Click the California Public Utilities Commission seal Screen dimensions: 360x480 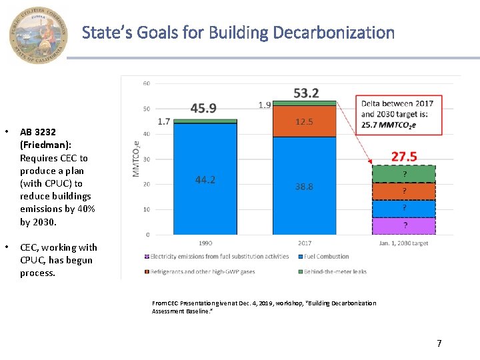[x=39, y=35]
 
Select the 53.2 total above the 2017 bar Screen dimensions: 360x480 [x=306, y=93]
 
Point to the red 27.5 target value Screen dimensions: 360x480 [x=403, y=157]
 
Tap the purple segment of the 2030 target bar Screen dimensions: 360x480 [x=403, y=226]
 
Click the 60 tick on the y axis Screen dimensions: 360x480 [x=146, y=83]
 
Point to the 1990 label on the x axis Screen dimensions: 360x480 [x=205, y=243]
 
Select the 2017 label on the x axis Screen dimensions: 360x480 [x=304, y=243]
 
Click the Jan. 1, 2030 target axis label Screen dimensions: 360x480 [x=403, y=243]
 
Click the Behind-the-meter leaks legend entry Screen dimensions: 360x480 [x=333, y=272]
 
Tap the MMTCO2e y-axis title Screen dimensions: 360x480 [x=136, y=159]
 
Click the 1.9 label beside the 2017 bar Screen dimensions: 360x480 [x=265, y=105]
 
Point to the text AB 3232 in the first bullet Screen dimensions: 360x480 [x=38, y=133]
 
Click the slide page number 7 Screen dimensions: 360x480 [x=439, y=343]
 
